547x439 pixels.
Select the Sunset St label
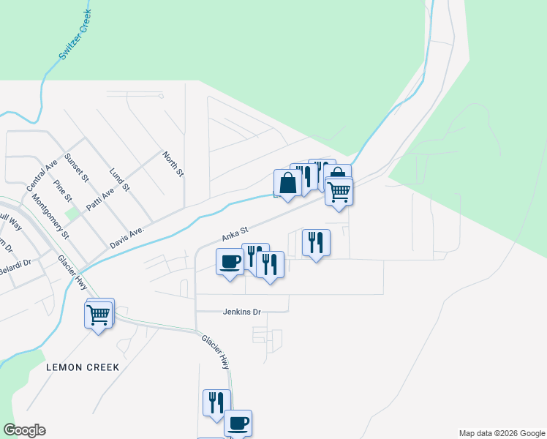[x=76, y=168]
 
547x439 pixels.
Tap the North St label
[x=173, y=164]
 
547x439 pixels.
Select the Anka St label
[x=235, y=235]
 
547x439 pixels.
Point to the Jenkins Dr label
[x=242, y=312]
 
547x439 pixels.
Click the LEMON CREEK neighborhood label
[x=82, y=366]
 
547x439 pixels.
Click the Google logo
[x=24, y=430]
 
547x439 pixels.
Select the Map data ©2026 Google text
[x=502, y=433]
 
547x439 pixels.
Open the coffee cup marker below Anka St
[x=230, y=262]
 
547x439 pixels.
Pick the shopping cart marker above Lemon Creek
[x=99, y=315]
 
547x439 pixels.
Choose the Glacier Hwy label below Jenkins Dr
[x=216, y=350]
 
